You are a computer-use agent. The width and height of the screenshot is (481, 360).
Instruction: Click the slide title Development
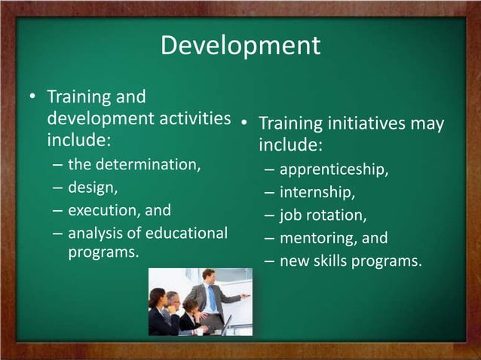(x=240, y=46)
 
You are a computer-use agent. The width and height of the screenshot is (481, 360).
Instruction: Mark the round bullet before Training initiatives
(x=245, y=122)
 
